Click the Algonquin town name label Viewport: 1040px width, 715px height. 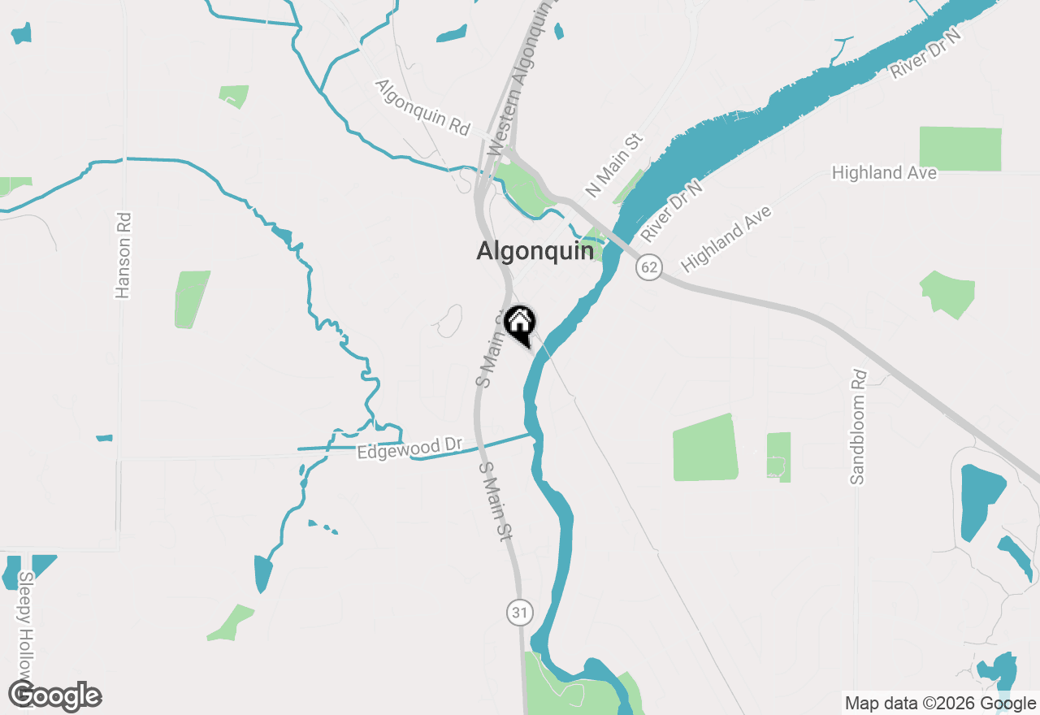click(x=535, y=251)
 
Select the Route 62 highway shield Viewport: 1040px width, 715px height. click(x=648, y=266)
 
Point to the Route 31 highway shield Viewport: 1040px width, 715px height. click(x=520, y=613)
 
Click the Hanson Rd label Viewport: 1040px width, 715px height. click(x=123, y=255)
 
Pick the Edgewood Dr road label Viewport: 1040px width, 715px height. click(x=409, y=448)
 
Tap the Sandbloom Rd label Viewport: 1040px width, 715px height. click(x=859, y=427)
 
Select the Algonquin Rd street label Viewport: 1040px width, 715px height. click(x=422, y=107)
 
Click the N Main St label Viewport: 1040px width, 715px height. click(x=614, y=166)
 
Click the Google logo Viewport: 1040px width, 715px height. click(x=55, y=696)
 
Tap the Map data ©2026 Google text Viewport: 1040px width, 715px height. click(x=939, y=703)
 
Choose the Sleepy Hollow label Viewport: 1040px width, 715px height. click(x=27, y=626)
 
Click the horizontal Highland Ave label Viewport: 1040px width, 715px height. click(x=884, y=172)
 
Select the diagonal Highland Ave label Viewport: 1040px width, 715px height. click(x=726, y=239)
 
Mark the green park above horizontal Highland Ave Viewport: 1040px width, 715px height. click(x=960, y=148)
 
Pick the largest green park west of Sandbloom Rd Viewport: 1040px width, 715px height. click(x=705, y=448)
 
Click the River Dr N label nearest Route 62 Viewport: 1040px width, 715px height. click(x=671, y=211)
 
